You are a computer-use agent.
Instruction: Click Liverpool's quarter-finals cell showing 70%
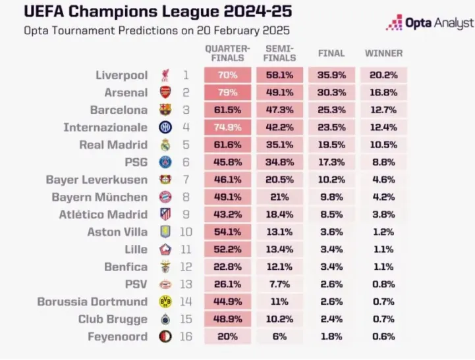[x=227, y=76]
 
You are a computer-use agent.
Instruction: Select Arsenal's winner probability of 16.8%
[x=383, y=93]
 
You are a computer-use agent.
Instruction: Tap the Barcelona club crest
[x=165, y=110]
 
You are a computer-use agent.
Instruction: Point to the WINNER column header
[x=383, y=53]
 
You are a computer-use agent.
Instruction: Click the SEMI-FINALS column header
[x=279, y=53]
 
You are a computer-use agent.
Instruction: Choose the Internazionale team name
[x=105, y=127]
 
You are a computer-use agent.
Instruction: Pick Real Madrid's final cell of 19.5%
[x=331, y=145]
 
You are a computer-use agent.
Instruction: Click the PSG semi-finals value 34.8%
[x=279, y=162]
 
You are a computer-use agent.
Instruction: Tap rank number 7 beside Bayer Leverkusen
[x=186, y=179]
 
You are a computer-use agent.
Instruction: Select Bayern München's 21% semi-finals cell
[x=279, y=197]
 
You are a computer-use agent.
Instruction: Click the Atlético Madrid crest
[x=165, y=214]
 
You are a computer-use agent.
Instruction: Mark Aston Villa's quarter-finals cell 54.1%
[x=227, y=232]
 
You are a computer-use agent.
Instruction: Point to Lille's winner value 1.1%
[x=383, y=249]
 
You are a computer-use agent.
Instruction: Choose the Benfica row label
[x=126, y=267]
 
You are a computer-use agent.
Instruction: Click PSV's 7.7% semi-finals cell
[x=279, y=284]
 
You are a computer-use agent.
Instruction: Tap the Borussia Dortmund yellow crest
[x=165, y=301]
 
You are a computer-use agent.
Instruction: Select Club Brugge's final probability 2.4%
[x=331, y=319]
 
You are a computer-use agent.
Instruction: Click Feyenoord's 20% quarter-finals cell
[x=227, y=336]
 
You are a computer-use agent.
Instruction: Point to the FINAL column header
[x=331, y=53]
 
